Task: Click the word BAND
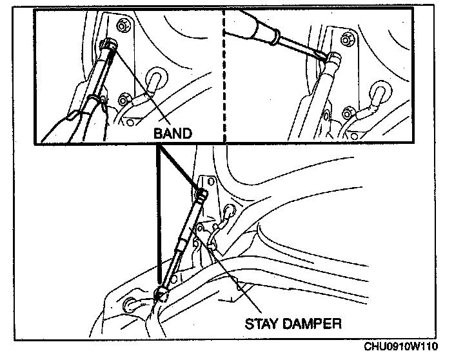pyautogui.click(x=173, y=134)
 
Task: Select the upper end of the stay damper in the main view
pyautogui.click(x=202, y=194)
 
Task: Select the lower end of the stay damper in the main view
pyautogui.click(x=161, y=294)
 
